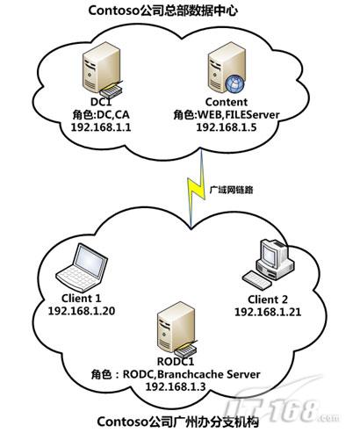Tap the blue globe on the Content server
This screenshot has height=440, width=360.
234,83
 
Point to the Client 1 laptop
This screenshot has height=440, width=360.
82,268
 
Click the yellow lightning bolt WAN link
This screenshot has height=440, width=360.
196,188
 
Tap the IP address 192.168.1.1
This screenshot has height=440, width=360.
101,127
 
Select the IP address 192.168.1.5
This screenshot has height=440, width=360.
227,127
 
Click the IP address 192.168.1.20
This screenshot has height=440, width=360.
82,311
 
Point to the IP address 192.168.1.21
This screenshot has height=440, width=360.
268,312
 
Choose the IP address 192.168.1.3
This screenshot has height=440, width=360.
176,386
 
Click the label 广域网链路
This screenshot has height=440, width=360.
231,190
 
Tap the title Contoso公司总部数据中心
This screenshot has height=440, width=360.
162,11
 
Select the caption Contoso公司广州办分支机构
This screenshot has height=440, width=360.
178,422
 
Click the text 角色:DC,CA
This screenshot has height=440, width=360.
101,115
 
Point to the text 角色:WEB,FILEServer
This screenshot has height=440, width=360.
227,115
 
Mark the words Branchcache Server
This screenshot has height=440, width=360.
210,374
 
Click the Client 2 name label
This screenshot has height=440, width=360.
268,299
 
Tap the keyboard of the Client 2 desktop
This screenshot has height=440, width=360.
257,280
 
